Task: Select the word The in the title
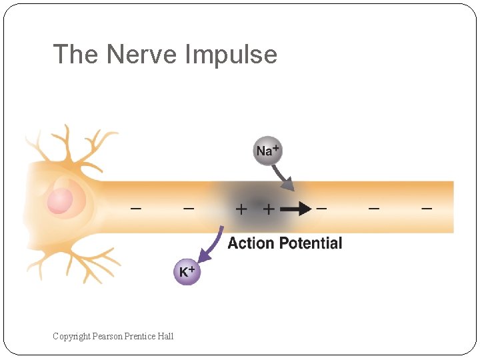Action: coord(75,55)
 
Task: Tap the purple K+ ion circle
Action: coord(187,271)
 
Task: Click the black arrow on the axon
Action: coord(295,209)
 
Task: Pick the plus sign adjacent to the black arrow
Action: coord(268,209)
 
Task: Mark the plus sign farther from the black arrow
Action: coord(241,209)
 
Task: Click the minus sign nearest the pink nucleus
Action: coord(135,209)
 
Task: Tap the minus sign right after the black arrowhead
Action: coord(321,209)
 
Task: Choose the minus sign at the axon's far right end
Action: coord(427,209)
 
